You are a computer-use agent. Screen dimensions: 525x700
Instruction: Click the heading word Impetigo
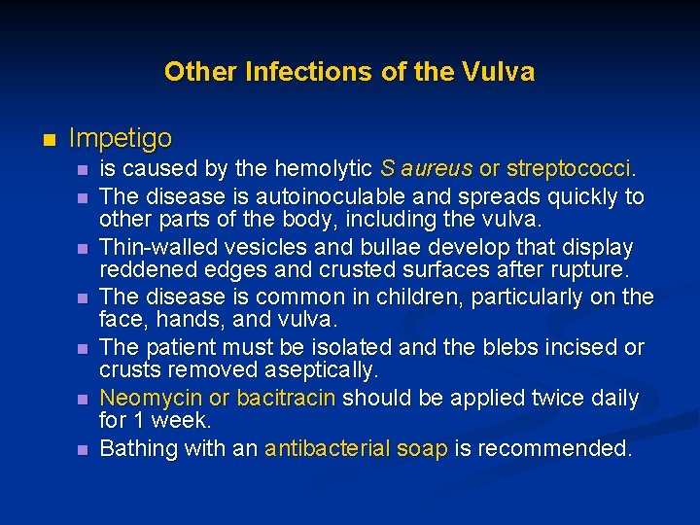[x=121, y=138]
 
